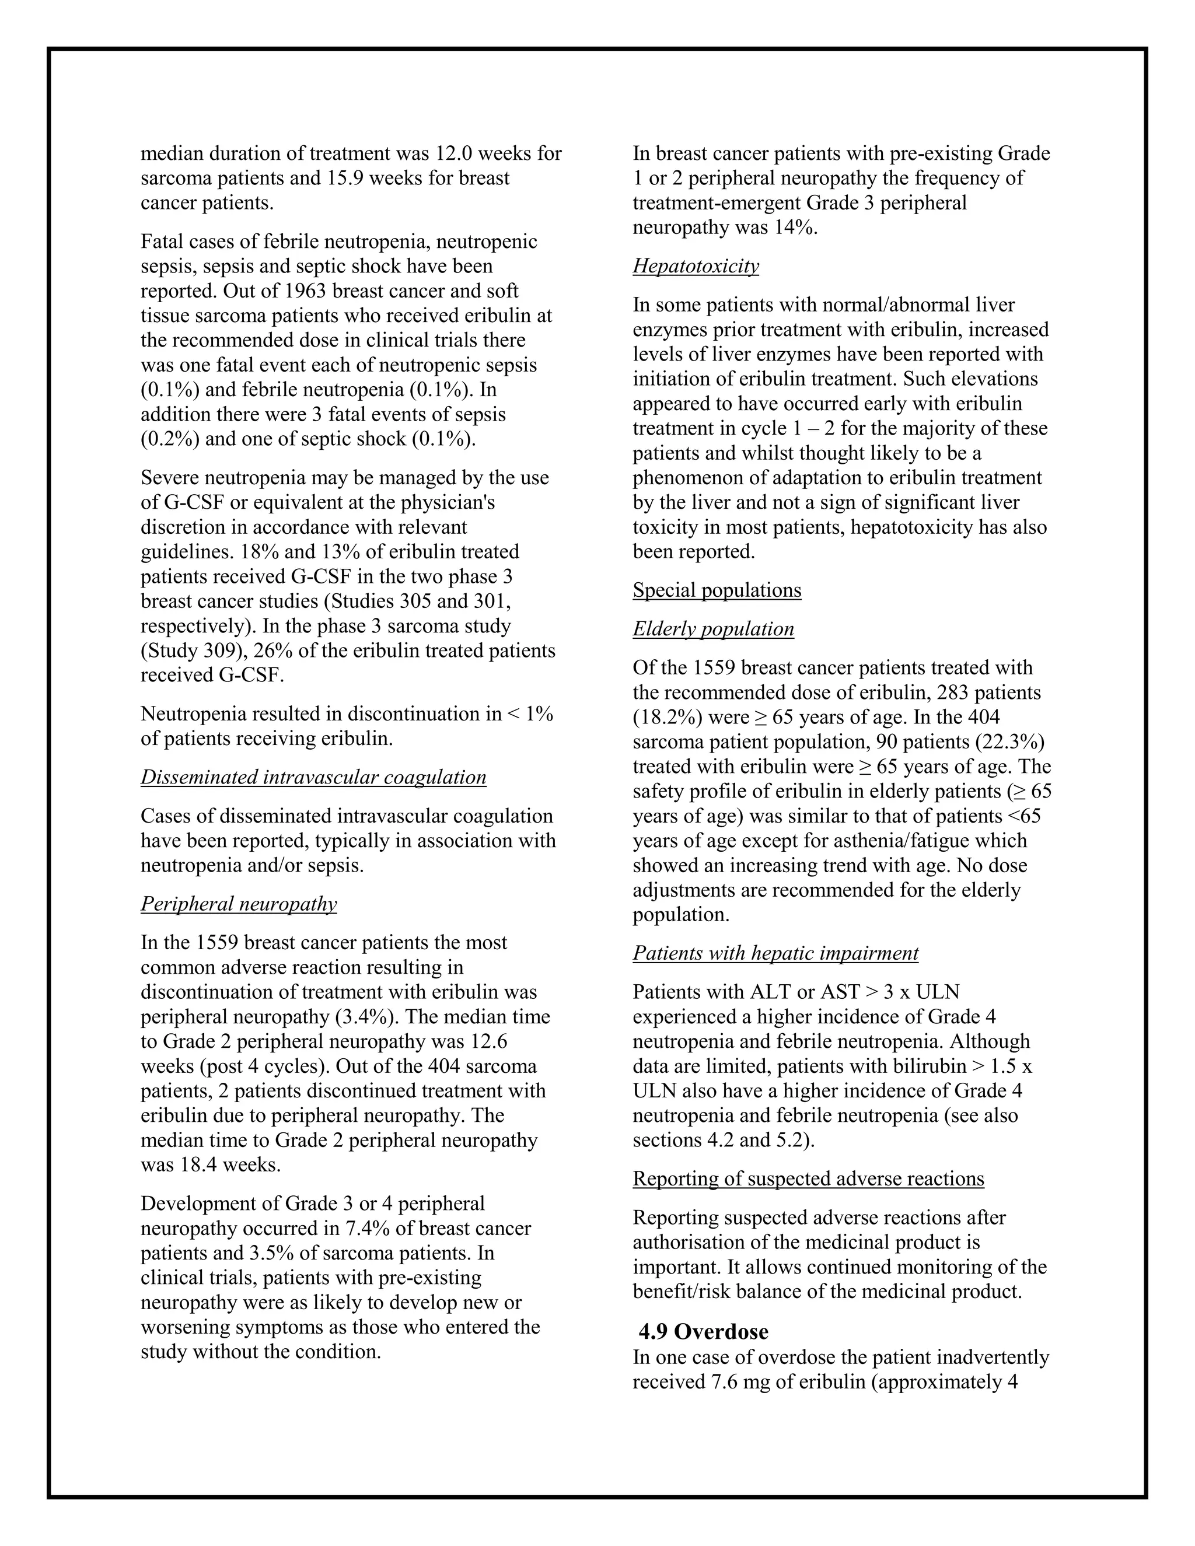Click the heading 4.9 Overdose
coord(703,1331)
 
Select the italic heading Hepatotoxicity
coord(695,266)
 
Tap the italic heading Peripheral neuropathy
coord(239,904)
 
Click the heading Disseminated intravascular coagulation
coord(313,777)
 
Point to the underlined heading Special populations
coord(717,590)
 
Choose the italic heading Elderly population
coord(713,629)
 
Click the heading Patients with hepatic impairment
coord(775,953)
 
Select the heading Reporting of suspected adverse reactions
coord(808,1178)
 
